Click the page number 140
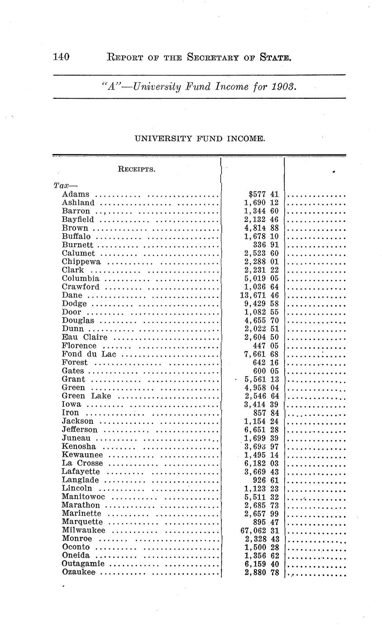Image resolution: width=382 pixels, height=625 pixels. tap(61, 57)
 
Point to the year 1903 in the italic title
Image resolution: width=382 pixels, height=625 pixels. tap(285, 87)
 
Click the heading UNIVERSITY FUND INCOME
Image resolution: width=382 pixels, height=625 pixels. tap(199, 139)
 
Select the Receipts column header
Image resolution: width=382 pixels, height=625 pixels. tap(136, 169)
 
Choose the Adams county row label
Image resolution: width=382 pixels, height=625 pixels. tap(75, 194)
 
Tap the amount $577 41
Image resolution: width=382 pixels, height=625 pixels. tap(260, 194)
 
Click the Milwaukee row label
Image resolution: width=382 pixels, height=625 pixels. tap(83, 530)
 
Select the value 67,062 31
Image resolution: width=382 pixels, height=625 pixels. tap(259, 530)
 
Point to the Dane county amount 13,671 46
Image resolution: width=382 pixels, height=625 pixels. tap(259, 295)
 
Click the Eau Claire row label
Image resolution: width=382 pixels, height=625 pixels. tap(84, 337)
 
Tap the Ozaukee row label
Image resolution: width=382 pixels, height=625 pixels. tap(78, 572)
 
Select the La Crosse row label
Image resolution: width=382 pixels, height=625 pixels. tap(82, 463)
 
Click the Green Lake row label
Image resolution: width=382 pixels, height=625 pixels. tap(86, 396)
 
